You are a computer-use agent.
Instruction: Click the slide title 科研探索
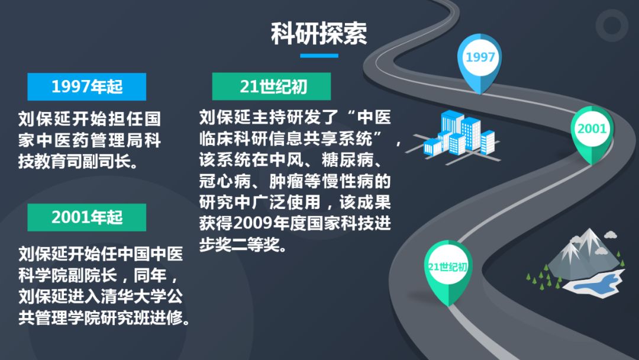point(319,33)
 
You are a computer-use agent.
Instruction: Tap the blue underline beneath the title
point(319,56)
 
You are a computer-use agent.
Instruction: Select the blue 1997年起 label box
point(87,86)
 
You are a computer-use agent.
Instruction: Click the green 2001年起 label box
point(87,217)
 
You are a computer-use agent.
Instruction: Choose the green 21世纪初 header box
point(272,86)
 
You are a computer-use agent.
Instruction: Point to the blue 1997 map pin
point(480,61)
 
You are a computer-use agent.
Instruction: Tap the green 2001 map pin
point(592,133)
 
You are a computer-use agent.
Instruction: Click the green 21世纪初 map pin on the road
point(448,271)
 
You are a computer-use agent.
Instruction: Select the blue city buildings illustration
point(456,137)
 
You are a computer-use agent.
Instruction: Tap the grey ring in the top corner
point(612,25)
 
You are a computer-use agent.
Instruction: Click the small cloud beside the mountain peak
point(610,234)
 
